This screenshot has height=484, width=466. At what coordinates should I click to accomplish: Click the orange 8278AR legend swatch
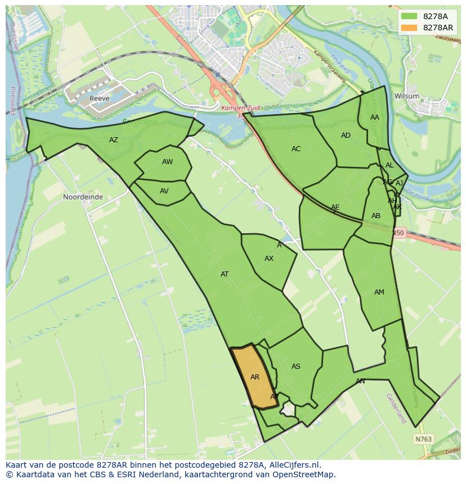410,28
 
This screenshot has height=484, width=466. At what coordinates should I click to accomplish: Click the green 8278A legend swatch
410,16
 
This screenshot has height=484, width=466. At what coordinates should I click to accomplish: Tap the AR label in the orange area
255,377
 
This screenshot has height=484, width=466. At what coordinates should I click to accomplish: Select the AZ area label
114,140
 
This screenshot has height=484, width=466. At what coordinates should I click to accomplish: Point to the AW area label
167,162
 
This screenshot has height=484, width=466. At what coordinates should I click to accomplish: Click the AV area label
164,191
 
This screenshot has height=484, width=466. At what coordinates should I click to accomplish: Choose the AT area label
225,274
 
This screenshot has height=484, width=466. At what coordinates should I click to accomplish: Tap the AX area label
269,259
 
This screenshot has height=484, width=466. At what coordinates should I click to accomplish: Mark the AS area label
296,367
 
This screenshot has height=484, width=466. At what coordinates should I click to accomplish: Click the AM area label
379,292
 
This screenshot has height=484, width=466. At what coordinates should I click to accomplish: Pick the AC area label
296,149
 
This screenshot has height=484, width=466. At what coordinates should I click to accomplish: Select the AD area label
346,135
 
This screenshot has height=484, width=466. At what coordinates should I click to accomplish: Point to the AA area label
375,117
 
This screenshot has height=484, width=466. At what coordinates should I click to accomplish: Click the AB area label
376,216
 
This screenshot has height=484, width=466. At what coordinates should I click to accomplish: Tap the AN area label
360,381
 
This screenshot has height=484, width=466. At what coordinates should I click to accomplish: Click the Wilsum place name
406,96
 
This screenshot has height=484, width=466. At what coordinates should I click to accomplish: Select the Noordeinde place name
83,197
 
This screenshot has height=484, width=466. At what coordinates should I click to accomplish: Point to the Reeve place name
99,99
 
